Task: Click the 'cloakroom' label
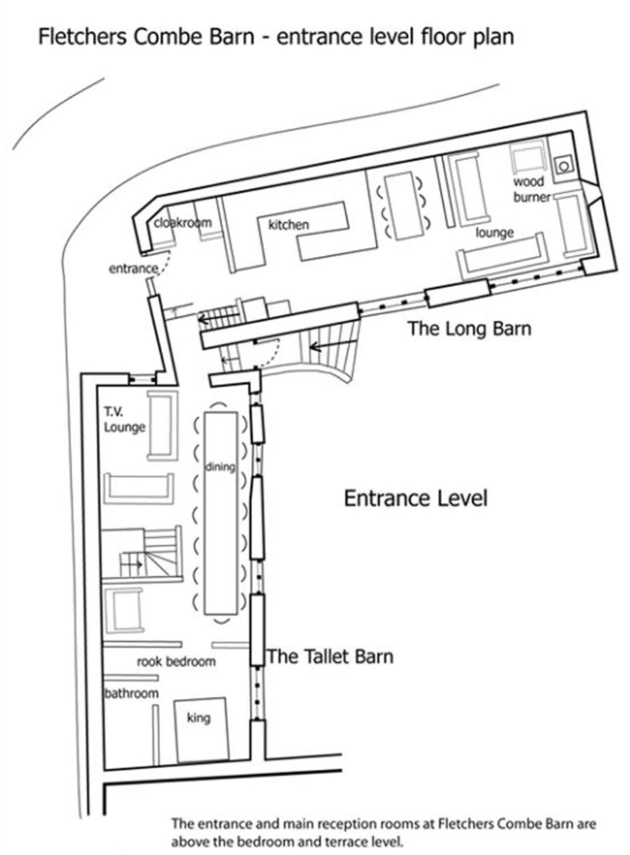click(x=183, y=223)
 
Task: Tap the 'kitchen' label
click(x=288, y=225)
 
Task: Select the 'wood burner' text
click(x=532, y=189)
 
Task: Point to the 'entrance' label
click(x=133, y=269)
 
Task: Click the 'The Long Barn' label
click(x=469, y=328)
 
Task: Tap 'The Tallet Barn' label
click(x=330, y=656)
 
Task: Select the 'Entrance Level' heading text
click(x=416, y=498)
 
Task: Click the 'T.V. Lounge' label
click(x=125, y=419)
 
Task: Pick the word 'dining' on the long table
click(x=220, y=467)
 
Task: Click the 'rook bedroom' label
click(x=176, y=661)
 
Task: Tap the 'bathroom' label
click(x=131, y=693)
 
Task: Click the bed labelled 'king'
click(x=202, y=730)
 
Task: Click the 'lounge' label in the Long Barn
click(x=494, y=232)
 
